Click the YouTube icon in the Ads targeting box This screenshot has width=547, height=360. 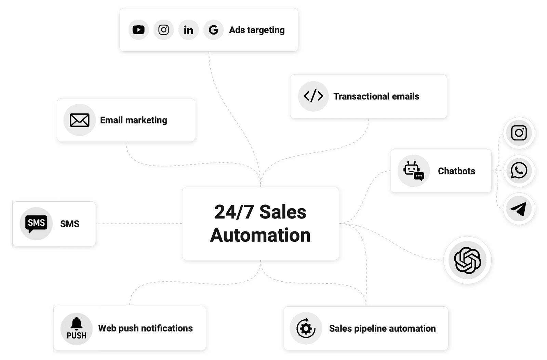click(138, 30)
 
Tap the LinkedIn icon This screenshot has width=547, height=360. click(188, 30)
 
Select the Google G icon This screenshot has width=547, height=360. click(213, 30)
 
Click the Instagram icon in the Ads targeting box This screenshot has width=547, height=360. click(163, 30)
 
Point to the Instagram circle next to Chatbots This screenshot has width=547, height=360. click(519, 133)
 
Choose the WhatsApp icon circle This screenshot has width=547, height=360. click(519, 170)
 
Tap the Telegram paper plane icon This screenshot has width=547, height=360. click(519, 209)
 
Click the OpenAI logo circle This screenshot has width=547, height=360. click(467, 260)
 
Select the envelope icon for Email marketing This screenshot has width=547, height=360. click(80, 120)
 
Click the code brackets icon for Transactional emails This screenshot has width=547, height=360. click(313, 96)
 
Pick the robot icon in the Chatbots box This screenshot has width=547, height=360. click(413, 171)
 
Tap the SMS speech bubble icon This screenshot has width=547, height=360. click(36, 224)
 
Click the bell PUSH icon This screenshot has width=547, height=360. click(77, 328)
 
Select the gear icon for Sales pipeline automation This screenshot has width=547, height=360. click(306, 328)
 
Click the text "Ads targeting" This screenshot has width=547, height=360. click(257, 30)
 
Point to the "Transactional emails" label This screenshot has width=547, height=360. click(376, 96)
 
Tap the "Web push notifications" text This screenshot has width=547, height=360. click(145, 328)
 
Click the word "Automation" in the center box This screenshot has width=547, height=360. click(261, 235)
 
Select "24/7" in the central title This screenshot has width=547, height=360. click(234, 212)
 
